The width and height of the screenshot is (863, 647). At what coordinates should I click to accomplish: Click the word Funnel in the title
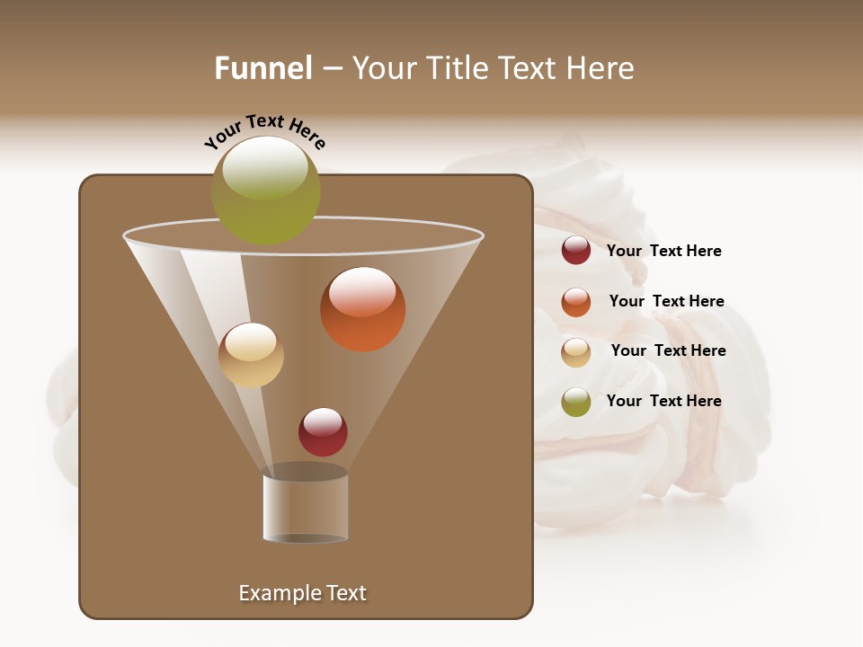tap(262, 68)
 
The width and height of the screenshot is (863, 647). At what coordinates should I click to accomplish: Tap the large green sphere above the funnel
tap(265, 190)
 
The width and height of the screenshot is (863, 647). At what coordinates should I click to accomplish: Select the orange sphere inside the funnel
tap(363, 309)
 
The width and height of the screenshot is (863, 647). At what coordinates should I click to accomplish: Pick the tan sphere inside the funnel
tap(251, 355)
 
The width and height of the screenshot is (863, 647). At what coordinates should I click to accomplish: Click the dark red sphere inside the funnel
tap(323, 431)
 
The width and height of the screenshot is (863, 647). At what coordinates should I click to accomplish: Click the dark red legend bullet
tap(576, 251)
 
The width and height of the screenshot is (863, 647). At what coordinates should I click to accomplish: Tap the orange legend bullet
tap(576, 302)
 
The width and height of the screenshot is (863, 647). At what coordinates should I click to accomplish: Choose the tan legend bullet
tap(576, 352)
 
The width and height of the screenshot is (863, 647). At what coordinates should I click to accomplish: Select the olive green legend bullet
tap(576, 402)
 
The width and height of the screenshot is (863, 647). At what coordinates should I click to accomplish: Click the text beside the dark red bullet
tap(663, 252)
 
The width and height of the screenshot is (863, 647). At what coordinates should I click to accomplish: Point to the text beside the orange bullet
tap(666, 302)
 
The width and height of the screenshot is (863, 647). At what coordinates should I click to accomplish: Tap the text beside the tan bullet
tap(668, 351)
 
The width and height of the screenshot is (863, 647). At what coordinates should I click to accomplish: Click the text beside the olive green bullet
tap(663, 402)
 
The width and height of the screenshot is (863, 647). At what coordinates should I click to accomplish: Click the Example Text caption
tap(302, 593)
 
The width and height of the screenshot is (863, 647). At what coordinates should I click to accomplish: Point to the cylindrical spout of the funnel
tap(306, 508)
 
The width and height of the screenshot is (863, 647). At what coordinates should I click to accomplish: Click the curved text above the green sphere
tap(264, 131)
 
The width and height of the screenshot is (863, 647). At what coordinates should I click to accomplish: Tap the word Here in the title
tap(600, 68)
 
